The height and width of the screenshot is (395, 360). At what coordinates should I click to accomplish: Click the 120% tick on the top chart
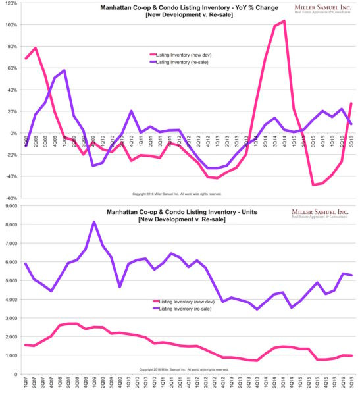(x=11, y=3)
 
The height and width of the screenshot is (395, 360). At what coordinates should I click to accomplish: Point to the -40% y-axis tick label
(x=11, y=176)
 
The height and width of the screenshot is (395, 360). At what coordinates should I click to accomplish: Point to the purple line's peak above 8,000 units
(x=93, y=222)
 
